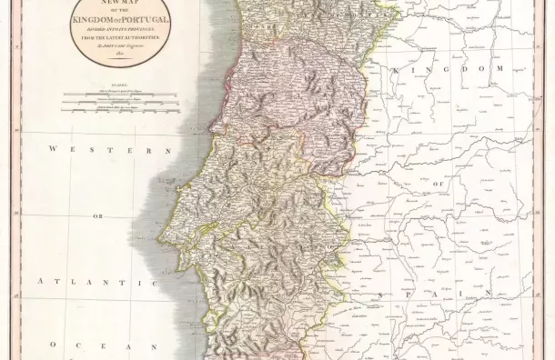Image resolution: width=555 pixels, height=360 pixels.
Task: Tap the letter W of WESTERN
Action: (x=55, y=148)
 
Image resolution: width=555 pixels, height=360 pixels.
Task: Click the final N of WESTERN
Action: (x=169, y=148)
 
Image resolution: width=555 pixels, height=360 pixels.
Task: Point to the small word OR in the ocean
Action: (x=97, y=217)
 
